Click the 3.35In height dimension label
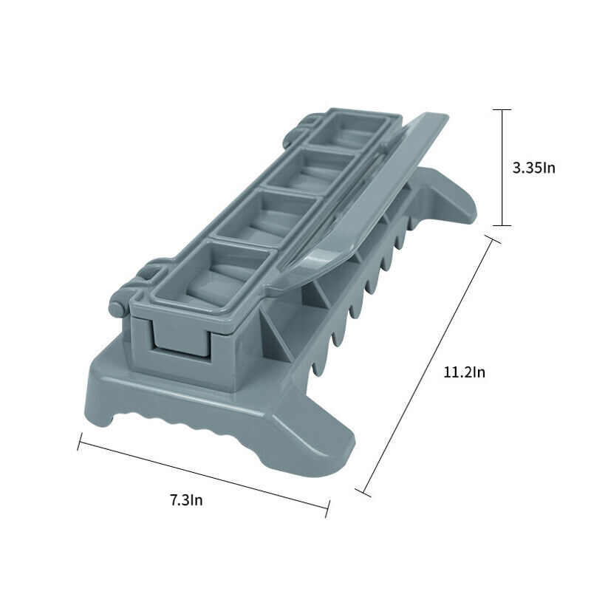click(533, 168)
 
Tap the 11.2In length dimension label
click(464, 372)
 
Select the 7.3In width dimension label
click(186, 500)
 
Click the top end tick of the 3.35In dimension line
click(502, 109)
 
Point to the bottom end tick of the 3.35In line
click(502, 226)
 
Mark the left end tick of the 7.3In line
click(80, 441)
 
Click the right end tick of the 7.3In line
click(327, 509)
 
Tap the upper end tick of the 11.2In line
click(492, 239)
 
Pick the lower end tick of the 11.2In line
click(363, 492)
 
